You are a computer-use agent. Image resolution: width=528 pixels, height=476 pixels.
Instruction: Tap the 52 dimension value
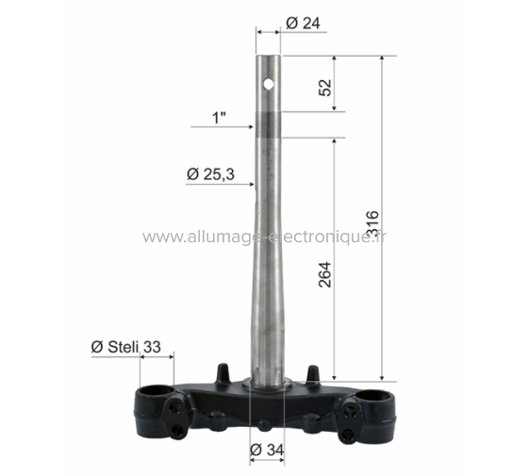click(324, 88)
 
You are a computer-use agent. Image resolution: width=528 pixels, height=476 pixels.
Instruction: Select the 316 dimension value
click(373, 222)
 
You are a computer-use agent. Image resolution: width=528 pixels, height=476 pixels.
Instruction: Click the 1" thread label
click(220, 118)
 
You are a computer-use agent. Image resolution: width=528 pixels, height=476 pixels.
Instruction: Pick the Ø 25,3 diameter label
click(210, 173)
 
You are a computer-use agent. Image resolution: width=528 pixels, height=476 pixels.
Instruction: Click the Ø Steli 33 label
click(132, 346)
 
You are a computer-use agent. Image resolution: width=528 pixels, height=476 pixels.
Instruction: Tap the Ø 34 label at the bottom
click(268, 451)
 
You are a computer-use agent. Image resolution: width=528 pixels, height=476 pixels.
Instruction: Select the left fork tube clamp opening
click(155, 394)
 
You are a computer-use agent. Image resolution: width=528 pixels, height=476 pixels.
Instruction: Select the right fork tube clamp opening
click(373, 396)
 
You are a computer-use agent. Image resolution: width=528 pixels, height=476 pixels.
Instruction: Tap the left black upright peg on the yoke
click(223, 371)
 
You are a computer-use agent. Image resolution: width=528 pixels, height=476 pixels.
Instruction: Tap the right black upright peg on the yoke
click(308, 371)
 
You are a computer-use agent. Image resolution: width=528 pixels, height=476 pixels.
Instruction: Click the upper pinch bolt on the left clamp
click(174, 408)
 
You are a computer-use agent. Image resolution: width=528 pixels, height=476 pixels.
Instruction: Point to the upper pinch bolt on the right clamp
click(351, 410)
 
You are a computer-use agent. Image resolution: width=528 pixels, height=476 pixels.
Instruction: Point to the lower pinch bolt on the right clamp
click(350, 435)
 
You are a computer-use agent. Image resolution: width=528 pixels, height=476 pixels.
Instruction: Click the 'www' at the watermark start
click(159, 238)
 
